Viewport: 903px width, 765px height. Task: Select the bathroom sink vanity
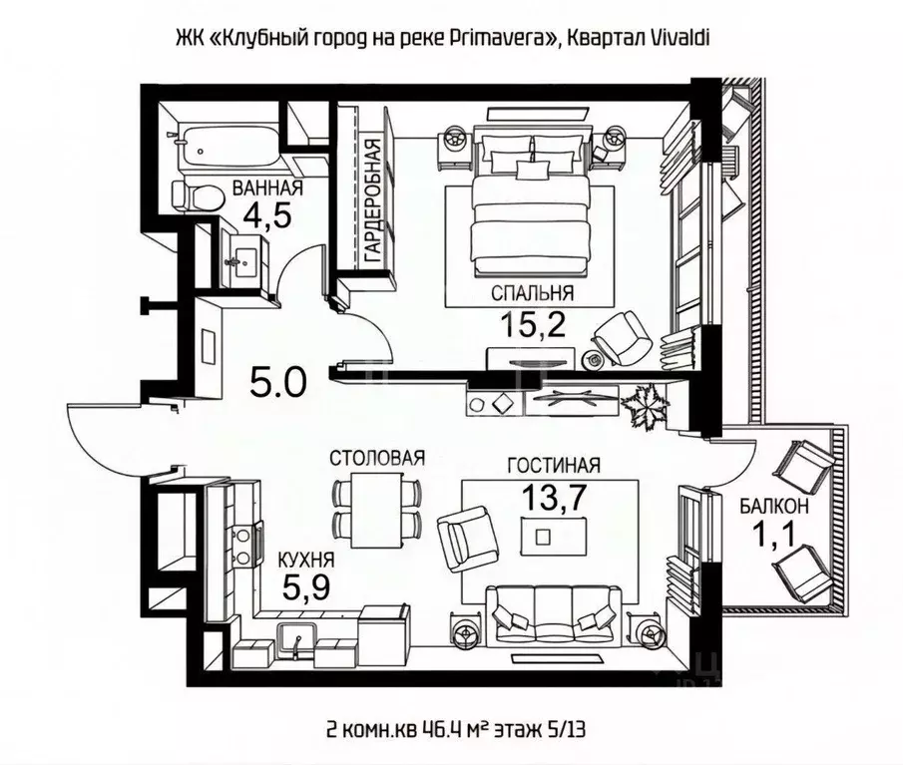pyautogui.click(x=239, y=263)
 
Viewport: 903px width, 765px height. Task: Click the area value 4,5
pyautogui.click(x=267, y=216)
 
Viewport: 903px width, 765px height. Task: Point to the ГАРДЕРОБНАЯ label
pyautogui.click(x=371, y=200)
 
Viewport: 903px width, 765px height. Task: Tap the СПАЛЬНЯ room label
pyautogui.click(x=532, y=292)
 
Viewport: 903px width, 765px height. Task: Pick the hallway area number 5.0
pyautogui.click(x=277, y=380)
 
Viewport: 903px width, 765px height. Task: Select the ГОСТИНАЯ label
pyautogui.click(x=553, y=466)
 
